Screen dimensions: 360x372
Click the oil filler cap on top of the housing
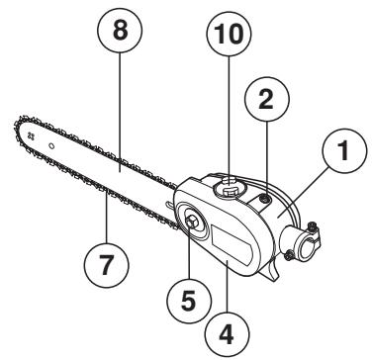pos(228,184)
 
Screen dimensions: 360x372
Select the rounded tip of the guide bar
pos(19,130)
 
